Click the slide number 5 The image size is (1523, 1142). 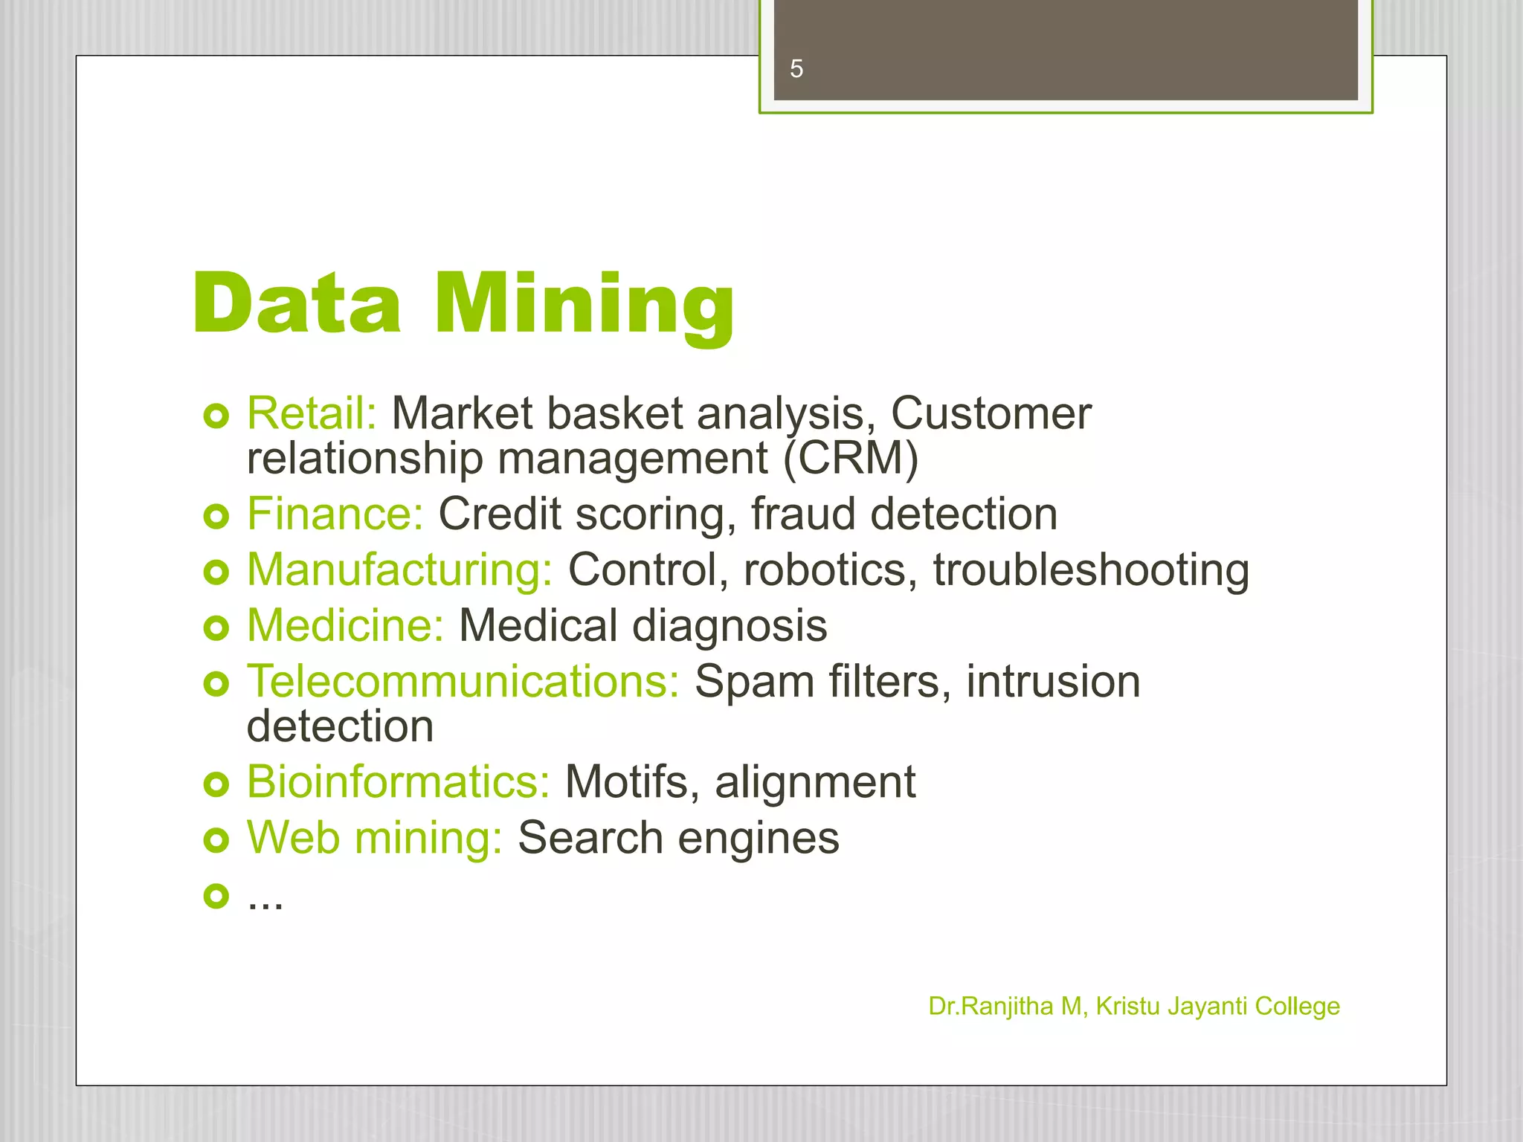(796, 69)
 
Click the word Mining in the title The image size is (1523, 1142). (585, 305)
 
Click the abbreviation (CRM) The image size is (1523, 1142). (851, 458)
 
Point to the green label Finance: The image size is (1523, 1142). (335, 514)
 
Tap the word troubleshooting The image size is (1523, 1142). (1091, 571)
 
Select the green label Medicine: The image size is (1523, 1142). (346, 625)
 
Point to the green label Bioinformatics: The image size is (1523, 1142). (399, 782)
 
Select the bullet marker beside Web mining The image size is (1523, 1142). (216, 840)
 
